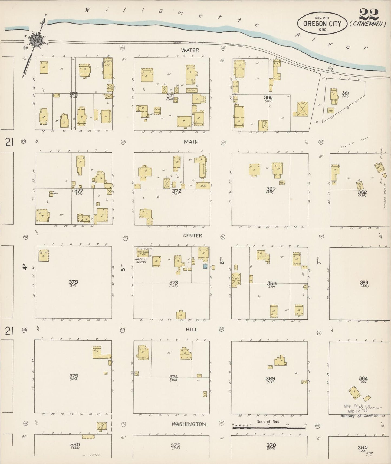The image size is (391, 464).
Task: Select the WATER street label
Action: tap(190, 50)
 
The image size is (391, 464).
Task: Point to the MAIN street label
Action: tap(191, 142)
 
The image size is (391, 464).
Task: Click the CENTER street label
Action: tap(192, 236)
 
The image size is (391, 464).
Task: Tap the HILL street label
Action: tap(191, 329)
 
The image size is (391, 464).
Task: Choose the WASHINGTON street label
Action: tap(189, 424)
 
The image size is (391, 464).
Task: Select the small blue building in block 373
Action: tap(205, 266)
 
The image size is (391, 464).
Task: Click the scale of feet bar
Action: tap(269, 428)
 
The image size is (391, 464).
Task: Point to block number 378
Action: tap(73, 282)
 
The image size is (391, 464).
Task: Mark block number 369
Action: tap(270, 378)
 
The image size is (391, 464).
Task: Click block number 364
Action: tap(363, 378)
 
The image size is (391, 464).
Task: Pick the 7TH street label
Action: tap(319, 262)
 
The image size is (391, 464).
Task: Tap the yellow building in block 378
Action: tap(44, 255)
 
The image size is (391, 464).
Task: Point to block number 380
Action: tap(75, 445)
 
